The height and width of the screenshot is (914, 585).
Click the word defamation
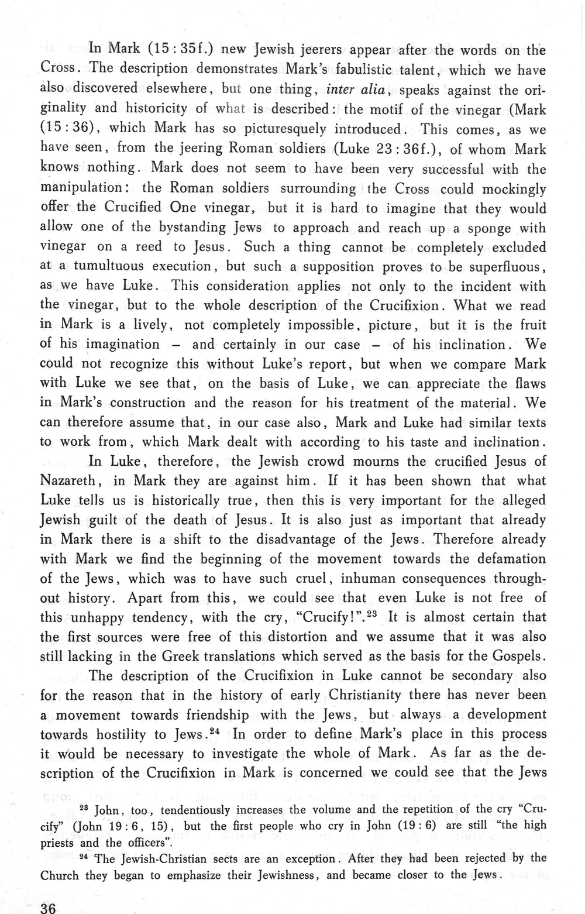(498, 559)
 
